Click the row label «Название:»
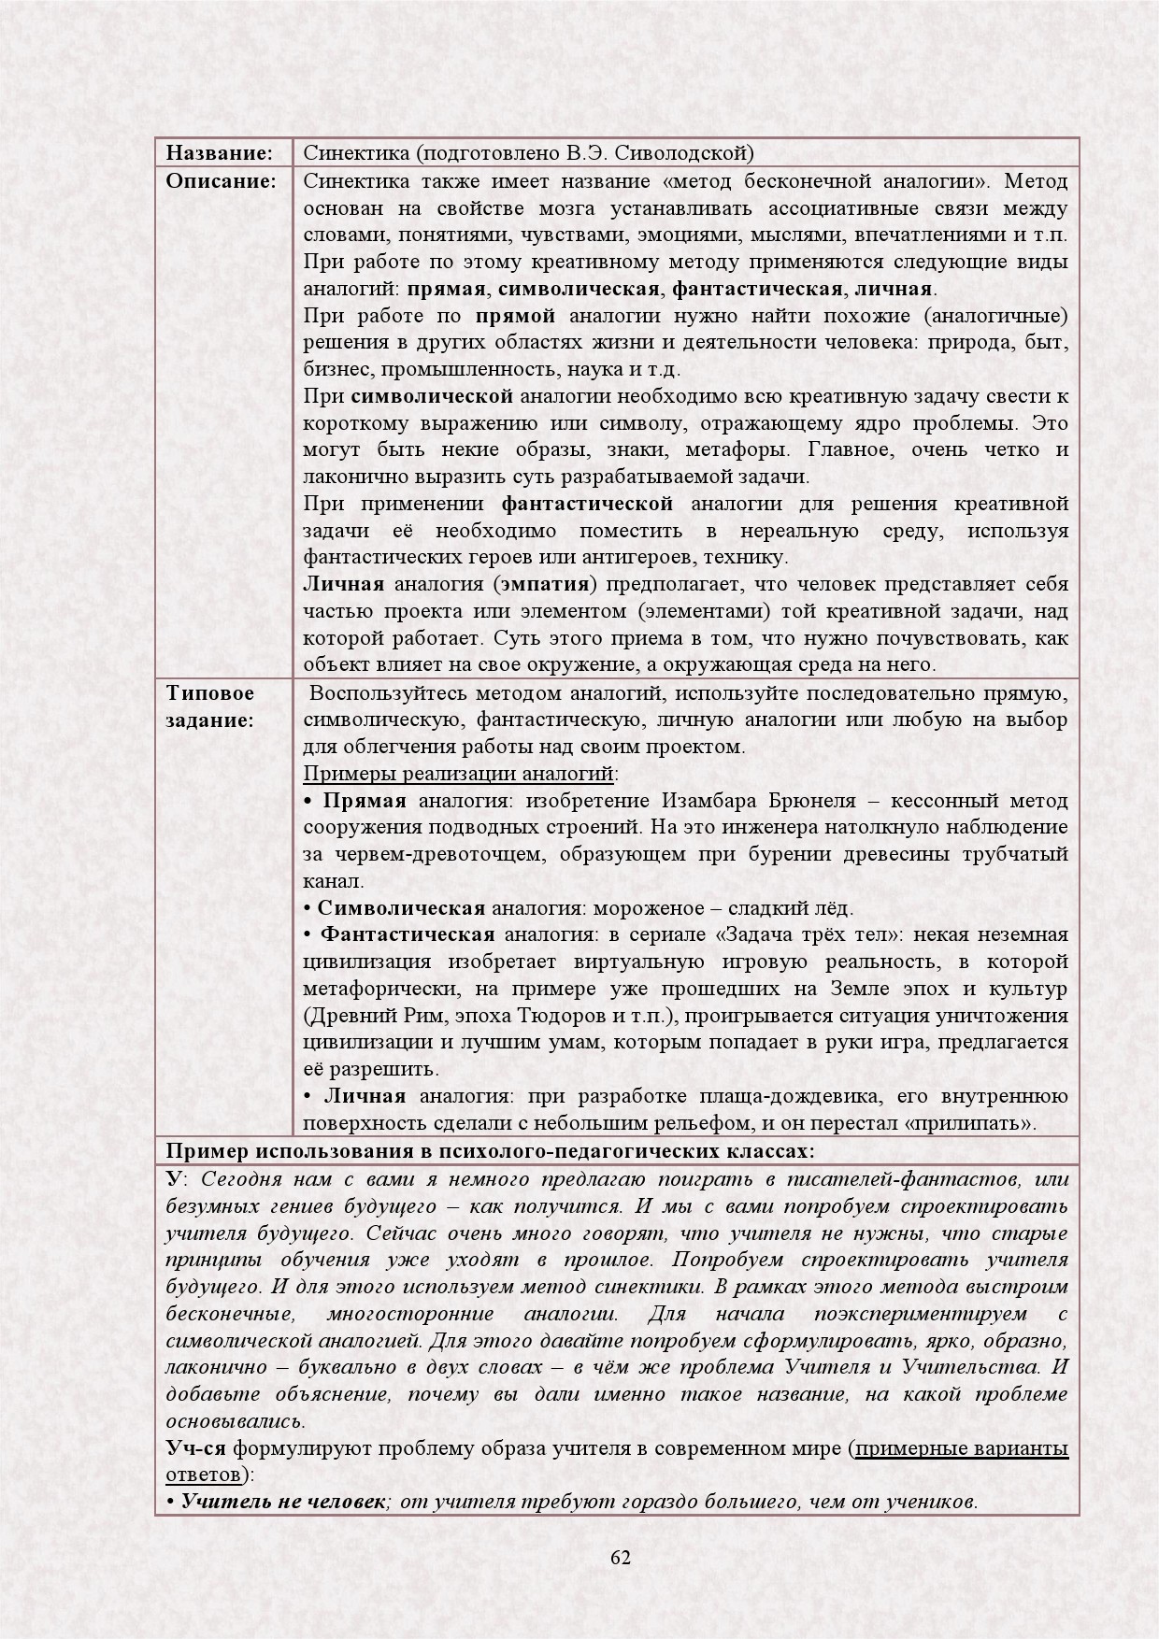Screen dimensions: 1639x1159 tap(219, 152)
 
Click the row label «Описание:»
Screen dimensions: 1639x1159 tap(222, 180)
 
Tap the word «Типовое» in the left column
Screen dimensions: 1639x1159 tap(210, 693)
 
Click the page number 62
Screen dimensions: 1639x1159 tap(620, 1557)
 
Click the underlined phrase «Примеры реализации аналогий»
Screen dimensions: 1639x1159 tap(459, 774)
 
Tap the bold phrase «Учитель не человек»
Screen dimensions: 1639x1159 tap(282, 1503)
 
